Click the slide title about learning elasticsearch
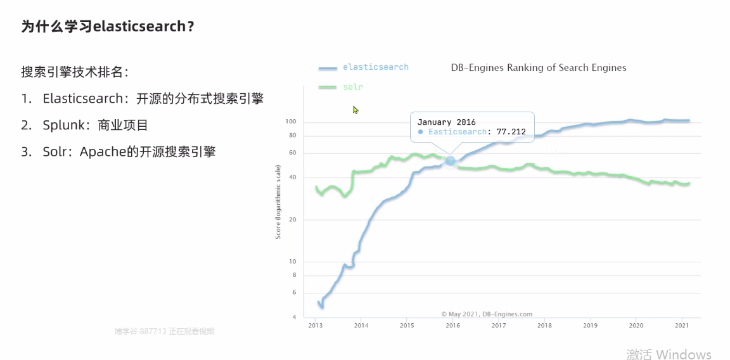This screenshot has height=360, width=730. click(108, 27)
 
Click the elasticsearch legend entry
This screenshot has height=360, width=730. click(375, 67)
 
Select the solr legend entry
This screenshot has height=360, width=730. click(353, 87)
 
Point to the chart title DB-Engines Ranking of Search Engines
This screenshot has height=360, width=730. click(539, 68)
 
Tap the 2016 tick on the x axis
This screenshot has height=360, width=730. click(452, 325)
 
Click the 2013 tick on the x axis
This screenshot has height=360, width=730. click(315, 325)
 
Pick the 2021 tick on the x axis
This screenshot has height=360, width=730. click(682, 325)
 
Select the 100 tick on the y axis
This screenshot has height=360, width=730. click(291, 122)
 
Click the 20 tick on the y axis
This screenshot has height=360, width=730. click(292, 220)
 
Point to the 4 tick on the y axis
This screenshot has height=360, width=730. click(294, 317)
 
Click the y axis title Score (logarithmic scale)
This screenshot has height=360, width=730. click(278, 202)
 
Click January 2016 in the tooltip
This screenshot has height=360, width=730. click(446, 122)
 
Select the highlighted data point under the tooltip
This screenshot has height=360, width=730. click(451, 161)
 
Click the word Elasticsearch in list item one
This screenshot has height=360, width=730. click(82, 98)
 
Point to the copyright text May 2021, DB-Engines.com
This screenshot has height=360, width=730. click(487, 314)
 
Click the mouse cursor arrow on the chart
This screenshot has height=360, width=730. click(355, 109)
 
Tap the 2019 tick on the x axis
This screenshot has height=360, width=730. click(590, 325)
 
